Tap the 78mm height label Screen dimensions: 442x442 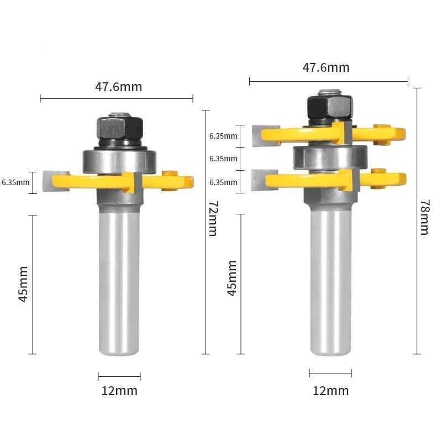pyautogui.click(x=424, y=217)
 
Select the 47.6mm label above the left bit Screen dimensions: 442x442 pyautogui.click(x=118, y=87)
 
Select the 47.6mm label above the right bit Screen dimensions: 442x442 pyautogui.click(x=326, y=67)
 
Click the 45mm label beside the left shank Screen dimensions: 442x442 pyautogui.click(x=23, y=284)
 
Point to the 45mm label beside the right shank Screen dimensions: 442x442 pyautogui.click(x=232, y=278)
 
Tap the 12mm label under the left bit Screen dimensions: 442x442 pyautogui.click(x=119, y=391)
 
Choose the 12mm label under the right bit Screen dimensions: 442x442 pyautogui.click(x=330, y=391)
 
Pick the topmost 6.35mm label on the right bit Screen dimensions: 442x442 pyautogui.click(x=223, y=136)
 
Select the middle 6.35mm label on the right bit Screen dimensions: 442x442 pyautogui.click(x=223, y=159)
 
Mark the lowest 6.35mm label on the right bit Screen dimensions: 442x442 pyautogui.click(x=223, y=182)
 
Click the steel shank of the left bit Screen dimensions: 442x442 pyautogui.click(x=119, y=282)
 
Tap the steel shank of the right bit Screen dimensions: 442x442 pyautogui.click(x=330, y=282)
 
